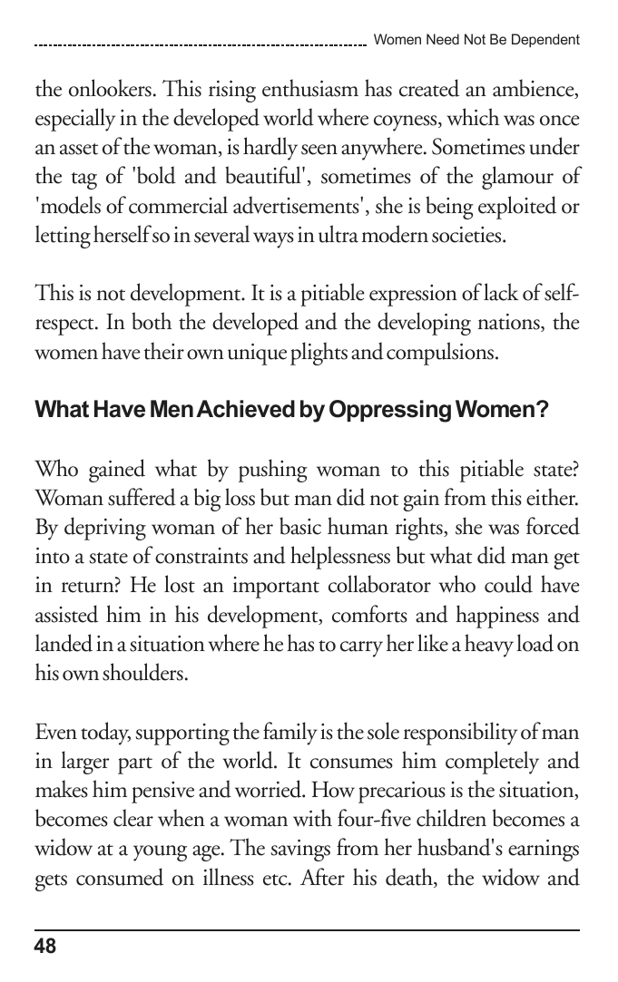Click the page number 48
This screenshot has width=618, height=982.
point(45,947)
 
